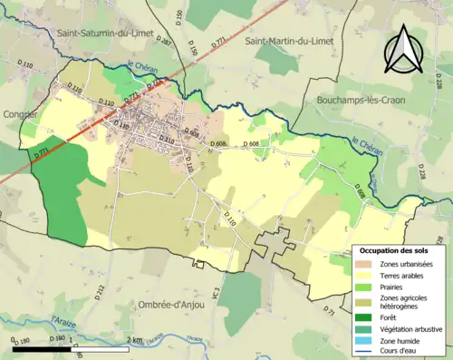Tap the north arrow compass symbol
click(x=400, y=50)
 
